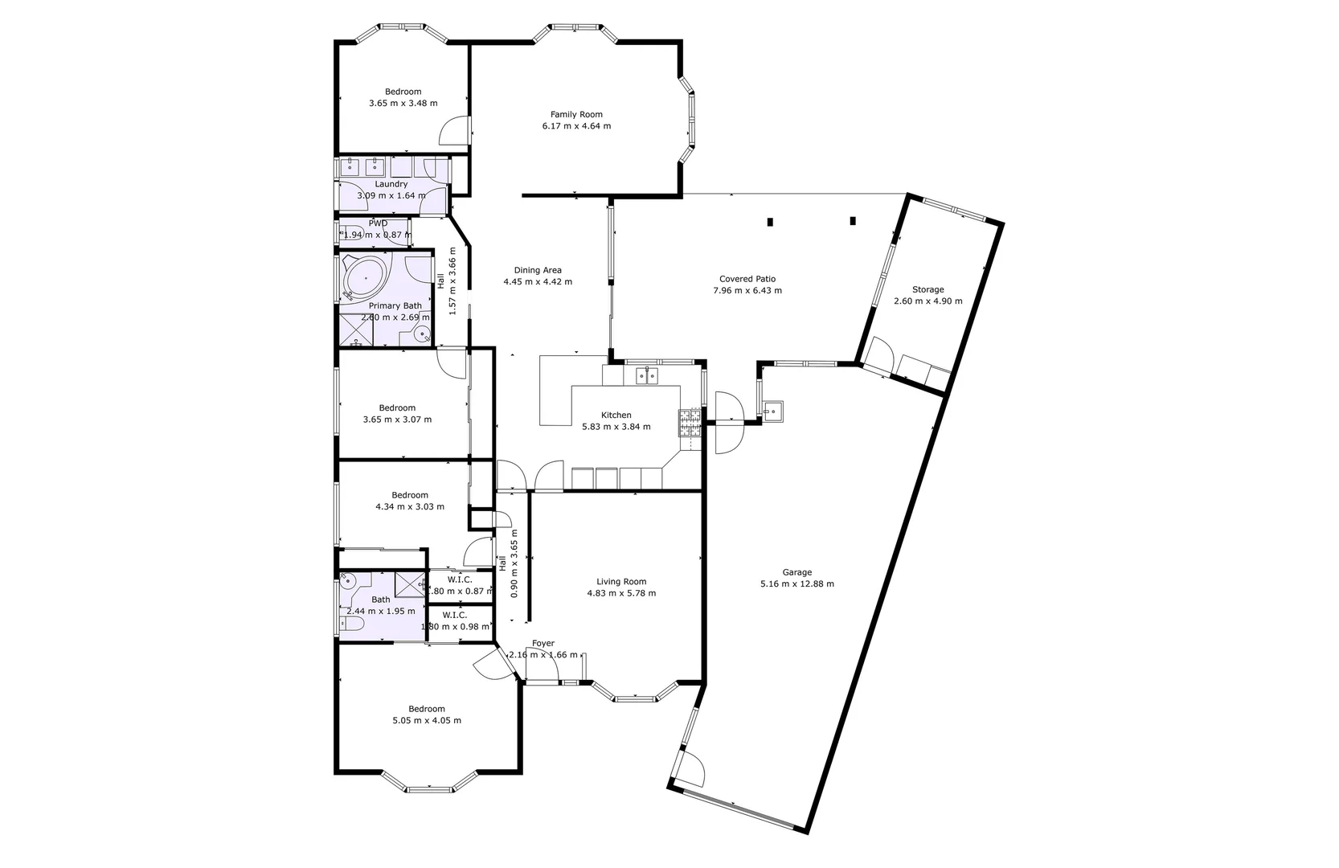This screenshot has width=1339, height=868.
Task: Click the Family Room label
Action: pyautogui.click(x=576, y=114)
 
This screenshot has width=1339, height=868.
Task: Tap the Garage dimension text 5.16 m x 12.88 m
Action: pyautogui.click(x=796, y=584)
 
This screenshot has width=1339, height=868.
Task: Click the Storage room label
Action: pyautogui.click(x=927, y=289)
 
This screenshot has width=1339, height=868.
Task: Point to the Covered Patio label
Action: pyautogui.click(x=747, y=279)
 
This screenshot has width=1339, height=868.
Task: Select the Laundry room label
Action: pyautogui.click(x=391, y=184)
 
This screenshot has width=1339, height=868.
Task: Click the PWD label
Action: pyautogui.click(x=378, y=223)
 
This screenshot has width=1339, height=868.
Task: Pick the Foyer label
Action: pyautogui.click(x=543, y=644)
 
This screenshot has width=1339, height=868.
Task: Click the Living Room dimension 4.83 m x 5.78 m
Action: pyautogui.click(x=621, y=594)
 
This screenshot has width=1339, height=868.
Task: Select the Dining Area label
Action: pyautogui.click(x=538, y=270)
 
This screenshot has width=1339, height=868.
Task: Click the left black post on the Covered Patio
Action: pyautogui.click(x=770, y=222)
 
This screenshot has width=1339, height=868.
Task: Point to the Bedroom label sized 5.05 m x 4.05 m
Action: pyautogui.click(x=426, y=709)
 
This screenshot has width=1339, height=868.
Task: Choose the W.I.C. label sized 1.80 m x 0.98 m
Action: pyautogui.click(x=454, y=615)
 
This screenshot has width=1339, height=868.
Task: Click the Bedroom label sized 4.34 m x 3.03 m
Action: pyautogui.click(x=410, y=495)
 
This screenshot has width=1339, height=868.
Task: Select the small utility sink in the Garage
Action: pyautogui.click(x=773, y=412)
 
